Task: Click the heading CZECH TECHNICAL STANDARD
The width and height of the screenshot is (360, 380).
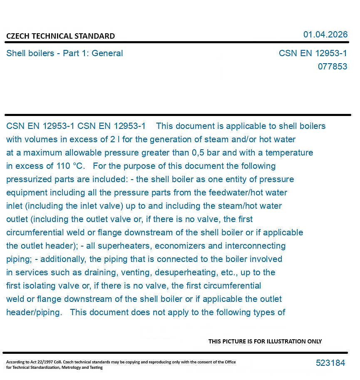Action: pos(60,36)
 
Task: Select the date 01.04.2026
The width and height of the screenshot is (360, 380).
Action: pos(325,35)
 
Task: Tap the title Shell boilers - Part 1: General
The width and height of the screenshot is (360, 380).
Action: pos(65,53)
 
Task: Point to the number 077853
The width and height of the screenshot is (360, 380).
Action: pos(332,67)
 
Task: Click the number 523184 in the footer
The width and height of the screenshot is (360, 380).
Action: pos(330,363)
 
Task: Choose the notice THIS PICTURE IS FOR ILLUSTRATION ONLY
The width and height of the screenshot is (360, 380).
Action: pos(265,341)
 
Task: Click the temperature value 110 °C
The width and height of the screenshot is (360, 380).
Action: pos(71,166)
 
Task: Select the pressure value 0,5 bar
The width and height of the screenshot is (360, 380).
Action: pos(206,153)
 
